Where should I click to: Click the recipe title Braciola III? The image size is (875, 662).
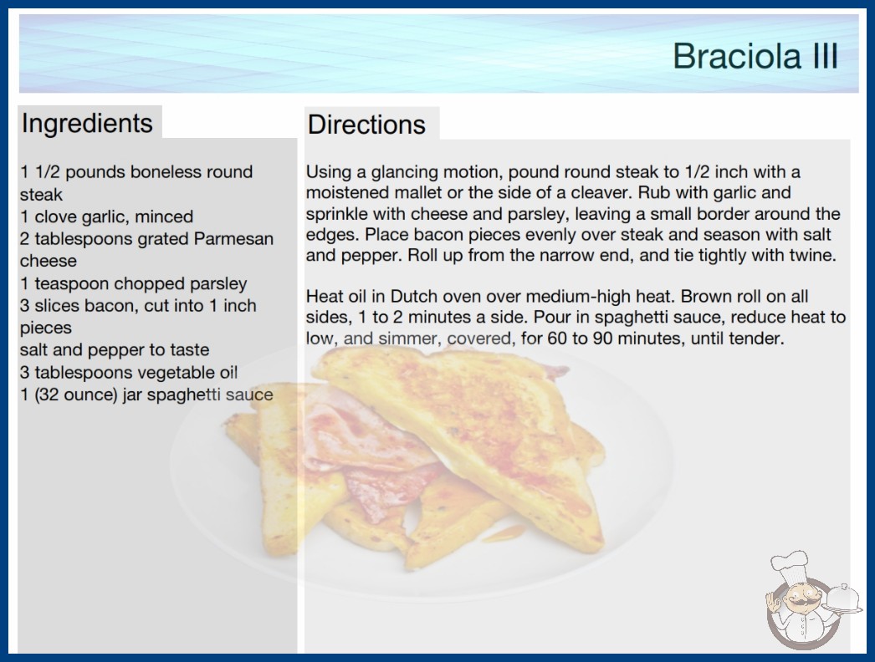[755, 55]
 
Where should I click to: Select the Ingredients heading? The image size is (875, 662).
[87, 123]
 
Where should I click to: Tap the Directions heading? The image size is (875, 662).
[366, 125]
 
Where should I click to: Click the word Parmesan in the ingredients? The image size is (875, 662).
[233, 239]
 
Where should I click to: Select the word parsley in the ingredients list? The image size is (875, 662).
[218, 284]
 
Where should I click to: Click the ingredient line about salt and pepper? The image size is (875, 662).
[115, 349]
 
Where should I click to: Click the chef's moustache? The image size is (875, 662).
[800, 603]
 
